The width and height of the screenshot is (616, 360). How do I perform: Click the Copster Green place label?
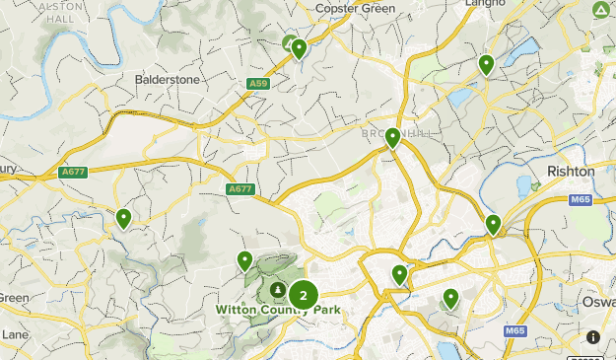(356, 9)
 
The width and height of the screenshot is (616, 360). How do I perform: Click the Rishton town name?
(571, 171)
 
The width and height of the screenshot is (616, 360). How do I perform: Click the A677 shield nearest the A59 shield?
(240, 189)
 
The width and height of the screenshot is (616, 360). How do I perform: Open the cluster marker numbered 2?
(303, 294)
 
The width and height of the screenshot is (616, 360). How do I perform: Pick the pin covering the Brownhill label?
(392, 138)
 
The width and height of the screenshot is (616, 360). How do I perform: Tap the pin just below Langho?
(486, 65)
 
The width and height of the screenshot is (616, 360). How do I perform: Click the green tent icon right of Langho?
(601, 11)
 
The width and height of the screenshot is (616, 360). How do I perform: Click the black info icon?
(593, 337)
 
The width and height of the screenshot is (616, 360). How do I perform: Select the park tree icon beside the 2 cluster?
(279, 290)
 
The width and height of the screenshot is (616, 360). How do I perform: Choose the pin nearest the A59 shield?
(299, 49)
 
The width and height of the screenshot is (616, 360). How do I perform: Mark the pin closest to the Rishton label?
(493, 225)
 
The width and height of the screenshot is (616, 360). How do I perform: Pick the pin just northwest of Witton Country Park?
(244, 261)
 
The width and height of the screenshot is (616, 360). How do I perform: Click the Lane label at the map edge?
(14, 334)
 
